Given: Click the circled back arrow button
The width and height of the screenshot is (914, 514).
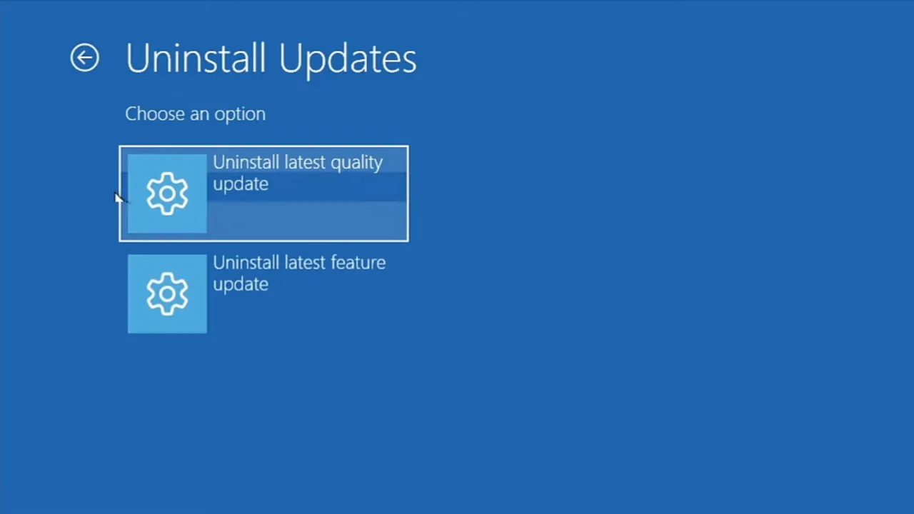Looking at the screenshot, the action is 84,58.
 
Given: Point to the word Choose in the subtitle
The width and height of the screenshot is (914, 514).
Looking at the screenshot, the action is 155,114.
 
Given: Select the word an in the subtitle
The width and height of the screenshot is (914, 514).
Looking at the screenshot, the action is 199,115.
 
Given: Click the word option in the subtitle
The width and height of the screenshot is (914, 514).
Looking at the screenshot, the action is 240,115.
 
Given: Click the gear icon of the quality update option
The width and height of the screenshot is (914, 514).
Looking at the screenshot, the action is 167,193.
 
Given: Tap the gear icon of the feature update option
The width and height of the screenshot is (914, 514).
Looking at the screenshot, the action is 167,293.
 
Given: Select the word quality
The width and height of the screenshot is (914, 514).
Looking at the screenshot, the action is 356,163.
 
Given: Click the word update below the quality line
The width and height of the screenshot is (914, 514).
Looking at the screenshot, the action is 241,184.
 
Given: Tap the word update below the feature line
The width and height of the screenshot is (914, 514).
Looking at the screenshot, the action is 241,285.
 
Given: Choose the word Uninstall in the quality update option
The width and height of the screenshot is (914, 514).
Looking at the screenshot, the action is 246,162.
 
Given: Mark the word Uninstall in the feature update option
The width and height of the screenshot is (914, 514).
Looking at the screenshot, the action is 246,262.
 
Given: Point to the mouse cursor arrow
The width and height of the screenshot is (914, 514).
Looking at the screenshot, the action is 119,198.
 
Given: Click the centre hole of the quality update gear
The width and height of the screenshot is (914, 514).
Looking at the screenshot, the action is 167,193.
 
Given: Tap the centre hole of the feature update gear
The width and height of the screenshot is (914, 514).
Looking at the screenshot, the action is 167,294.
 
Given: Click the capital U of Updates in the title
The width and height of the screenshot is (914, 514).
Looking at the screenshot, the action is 291,58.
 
